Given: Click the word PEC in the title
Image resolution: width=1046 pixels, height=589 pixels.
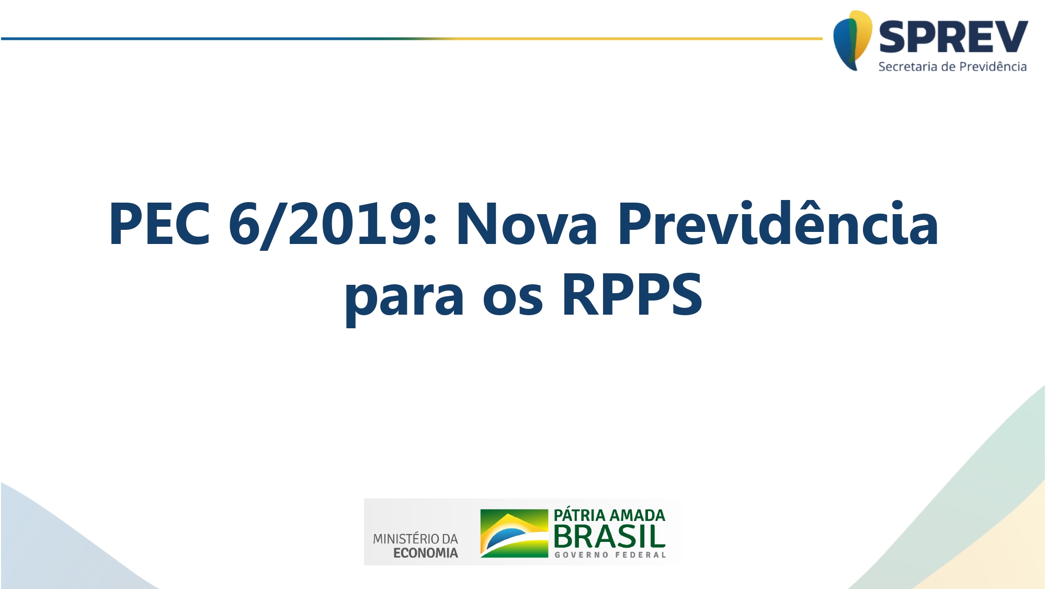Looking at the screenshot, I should (160, 224).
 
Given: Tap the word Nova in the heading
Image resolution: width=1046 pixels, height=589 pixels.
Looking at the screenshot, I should (527, 224).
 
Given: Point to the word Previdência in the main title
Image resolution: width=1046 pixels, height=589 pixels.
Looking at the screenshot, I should (778, 224).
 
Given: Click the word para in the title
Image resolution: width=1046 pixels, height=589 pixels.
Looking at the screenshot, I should (404, 296).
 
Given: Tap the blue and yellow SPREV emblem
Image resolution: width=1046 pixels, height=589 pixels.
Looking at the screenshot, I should (852, 40).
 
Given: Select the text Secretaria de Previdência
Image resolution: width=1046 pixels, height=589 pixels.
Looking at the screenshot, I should (952, 66).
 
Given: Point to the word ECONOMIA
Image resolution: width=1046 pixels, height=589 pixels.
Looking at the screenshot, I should (425, 553).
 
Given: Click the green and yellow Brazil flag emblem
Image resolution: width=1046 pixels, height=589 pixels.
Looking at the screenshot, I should (514, 533).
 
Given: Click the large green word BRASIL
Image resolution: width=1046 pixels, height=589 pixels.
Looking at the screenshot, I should (609, 537).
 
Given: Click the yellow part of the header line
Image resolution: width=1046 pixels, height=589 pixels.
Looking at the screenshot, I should (628, 38).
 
